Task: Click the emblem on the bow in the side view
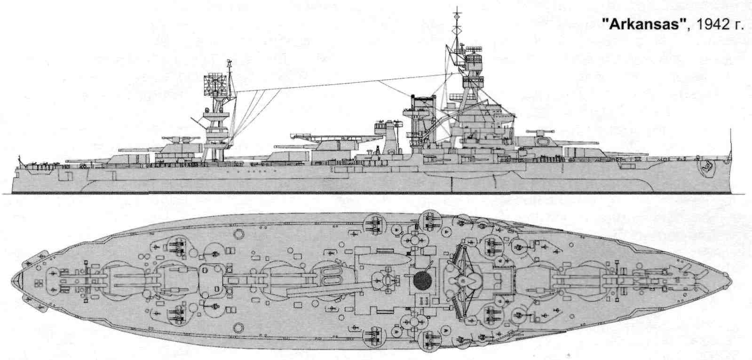click(705, 166)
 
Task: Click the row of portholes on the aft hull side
click(249, 172)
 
